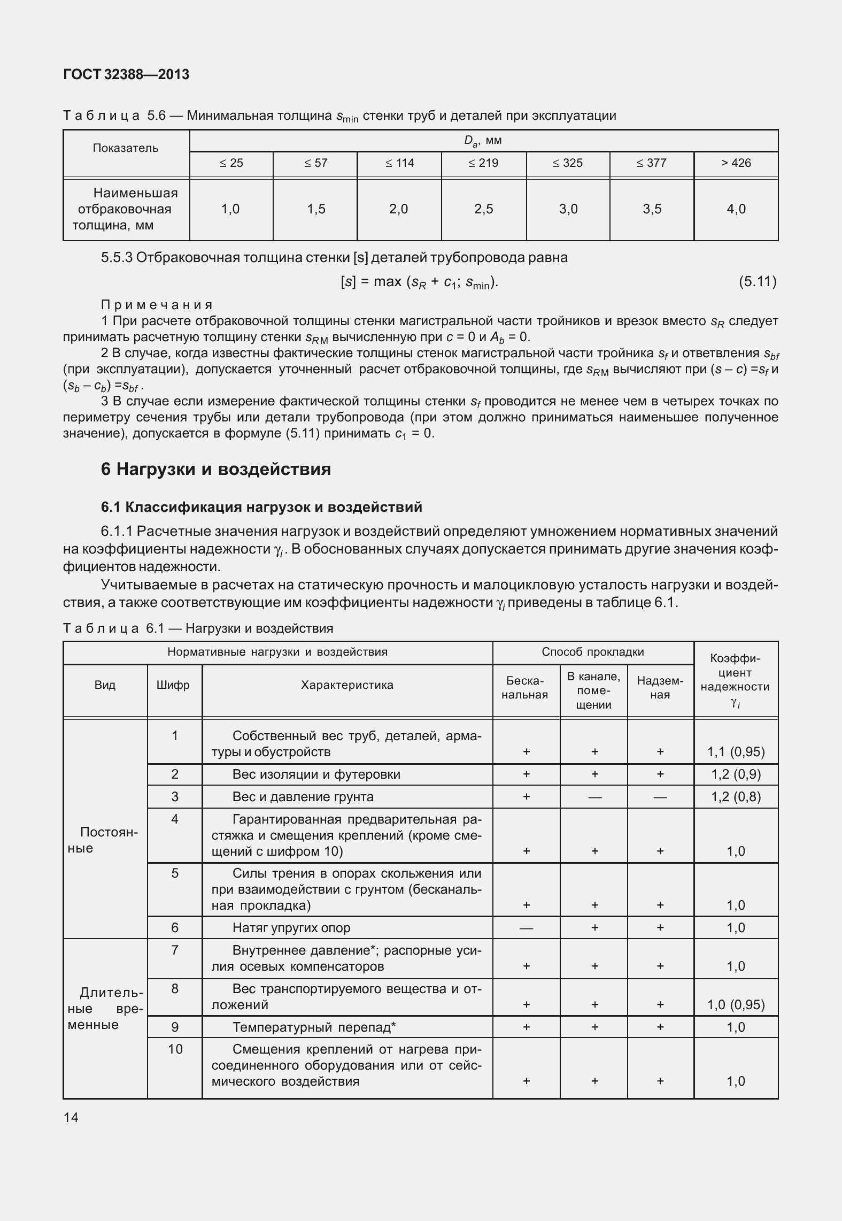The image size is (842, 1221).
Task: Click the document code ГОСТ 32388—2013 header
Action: tap(126, 74)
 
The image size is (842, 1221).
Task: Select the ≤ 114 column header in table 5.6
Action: tap(399, 163)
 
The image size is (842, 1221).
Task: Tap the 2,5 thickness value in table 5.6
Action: tap(483, 209)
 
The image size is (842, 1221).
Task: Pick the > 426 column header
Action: tap(736, 163)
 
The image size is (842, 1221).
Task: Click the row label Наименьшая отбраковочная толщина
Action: tap(126, 209)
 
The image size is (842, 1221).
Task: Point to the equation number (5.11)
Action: tap(757, 282)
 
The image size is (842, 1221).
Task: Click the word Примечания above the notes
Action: tap(157, 305)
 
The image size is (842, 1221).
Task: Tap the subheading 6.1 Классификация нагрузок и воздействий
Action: tap(261, 507)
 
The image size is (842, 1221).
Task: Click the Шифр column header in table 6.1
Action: tap(174, 685)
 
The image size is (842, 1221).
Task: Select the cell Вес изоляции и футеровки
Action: tap(316, 774)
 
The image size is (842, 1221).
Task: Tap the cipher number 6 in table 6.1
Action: tap(175, 927)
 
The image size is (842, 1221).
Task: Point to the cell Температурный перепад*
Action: tap(314, 1027)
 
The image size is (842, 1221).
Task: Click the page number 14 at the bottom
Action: tap(71, 1117)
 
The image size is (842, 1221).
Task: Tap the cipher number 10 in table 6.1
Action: tap(175, 1049)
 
